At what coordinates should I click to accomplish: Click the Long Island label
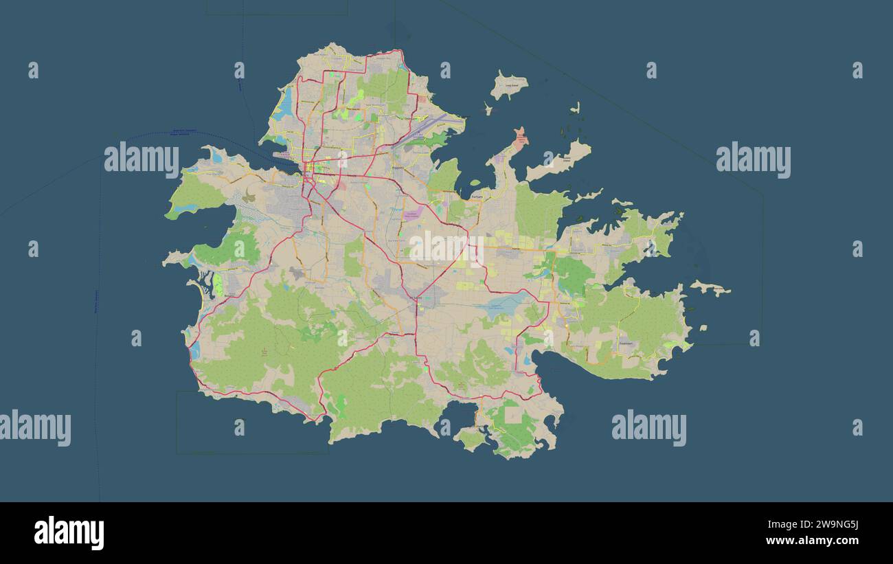[512, 86]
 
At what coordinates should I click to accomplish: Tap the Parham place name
[477, 196]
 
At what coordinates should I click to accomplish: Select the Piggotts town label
[397, 167]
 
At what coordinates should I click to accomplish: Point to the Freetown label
[625, 343]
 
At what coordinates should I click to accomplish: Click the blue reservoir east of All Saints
[503, 305]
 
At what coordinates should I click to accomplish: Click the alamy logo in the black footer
[69, 532]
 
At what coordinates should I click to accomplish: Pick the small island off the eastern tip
[711, 289]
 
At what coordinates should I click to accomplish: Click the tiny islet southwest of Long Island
[488, 109]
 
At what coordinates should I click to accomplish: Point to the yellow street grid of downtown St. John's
[315, 166]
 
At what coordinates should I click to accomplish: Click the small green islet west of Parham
[474, 183]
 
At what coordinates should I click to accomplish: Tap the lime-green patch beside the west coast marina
[218, 284]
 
